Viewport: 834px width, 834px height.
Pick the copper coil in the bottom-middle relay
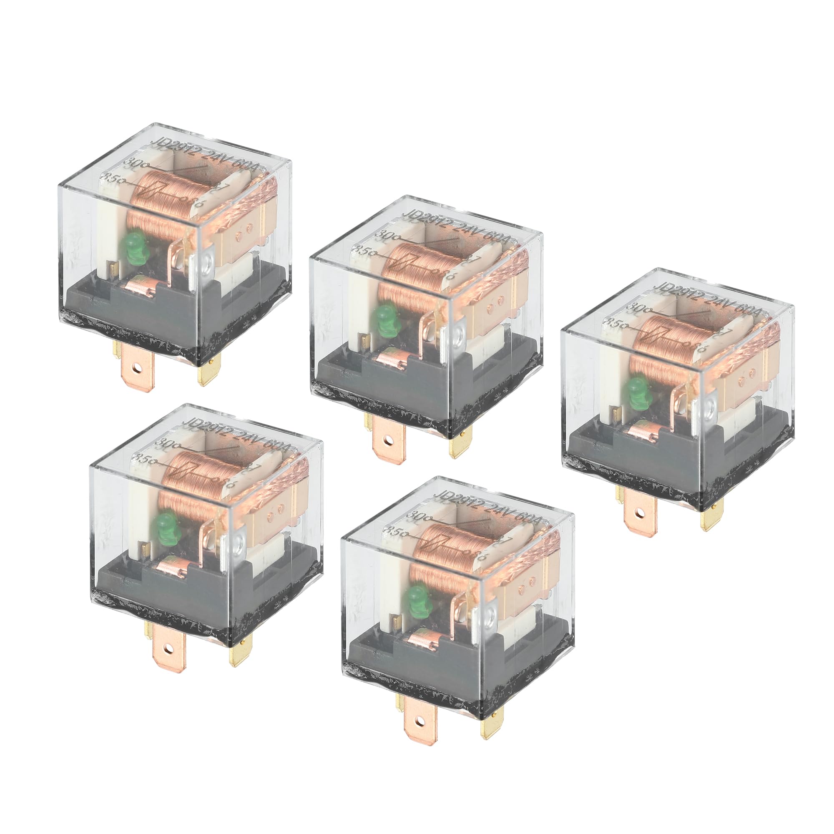438,550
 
